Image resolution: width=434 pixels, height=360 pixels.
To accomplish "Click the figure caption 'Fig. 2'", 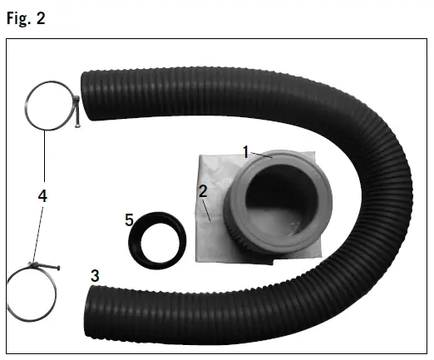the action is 26,18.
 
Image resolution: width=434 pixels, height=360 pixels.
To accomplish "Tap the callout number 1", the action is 246,152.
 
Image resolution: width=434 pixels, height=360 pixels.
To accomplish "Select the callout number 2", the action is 203,191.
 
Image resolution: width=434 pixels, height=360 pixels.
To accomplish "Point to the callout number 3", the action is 95,276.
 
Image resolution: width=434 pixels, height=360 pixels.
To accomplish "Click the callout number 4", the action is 42,196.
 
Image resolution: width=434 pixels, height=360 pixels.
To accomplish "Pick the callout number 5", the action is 129,220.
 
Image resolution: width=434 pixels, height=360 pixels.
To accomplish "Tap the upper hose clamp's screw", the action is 77,111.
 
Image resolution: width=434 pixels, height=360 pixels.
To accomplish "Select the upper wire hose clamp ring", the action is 26,106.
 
